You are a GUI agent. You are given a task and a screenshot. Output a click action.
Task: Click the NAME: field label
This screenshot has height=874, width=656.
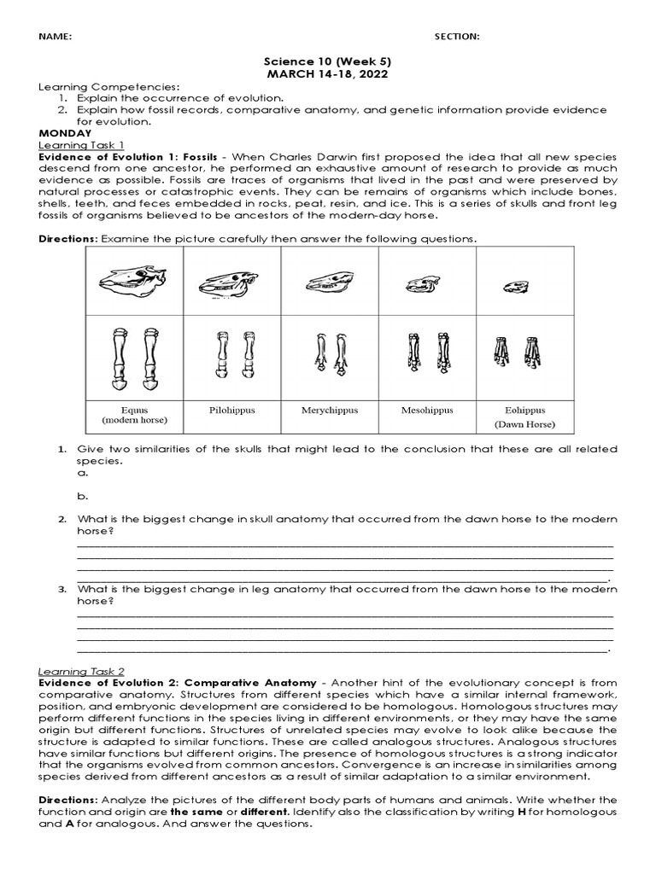[x=53, y=37]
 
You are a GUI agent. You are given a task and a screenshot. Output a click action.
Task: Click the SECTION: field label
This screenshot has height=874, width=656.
[x=457, y=37]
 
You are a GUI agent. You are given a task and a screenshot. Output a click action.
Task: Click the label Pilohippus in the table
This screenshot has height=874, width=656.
[x=231, y=411]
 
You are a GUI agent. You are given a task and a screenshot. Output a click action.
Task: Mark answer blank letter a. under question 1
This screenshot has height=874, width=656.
[x=82, y=473]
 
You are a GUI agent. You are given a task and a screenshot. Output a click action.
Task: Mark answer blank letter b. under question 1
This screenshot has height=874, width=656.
[x=82, y=495]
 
